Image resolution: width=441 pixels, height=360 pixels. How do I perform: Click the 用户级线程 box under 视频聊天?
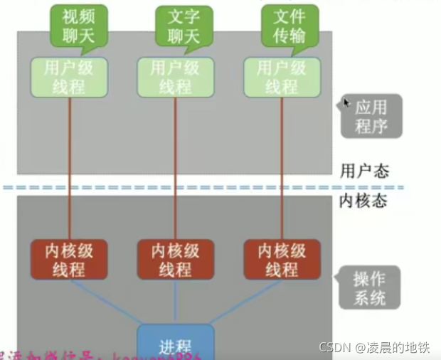tap(68, 78)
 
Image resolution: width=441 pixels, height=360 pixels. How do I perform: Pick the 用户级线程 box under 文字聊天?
tap(175, 78)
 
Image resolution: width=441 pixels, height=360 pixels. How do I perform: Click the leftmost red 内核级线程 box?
tap(69, 260)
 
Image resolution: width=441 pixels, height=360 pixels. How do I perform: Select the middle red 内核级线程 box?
tap(175, 260)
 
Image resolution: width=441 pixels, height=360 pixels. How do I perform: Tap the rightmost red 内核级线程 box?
tap(282, 260)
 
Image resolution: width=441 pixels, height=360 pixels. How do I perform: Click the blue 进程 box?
tap(175, 344)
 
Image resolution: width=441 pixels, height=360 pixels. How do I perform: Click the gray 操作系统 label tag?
tap(369, 287)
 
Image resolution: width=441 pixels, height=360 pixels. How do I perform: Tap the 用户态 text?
tap(364, 171)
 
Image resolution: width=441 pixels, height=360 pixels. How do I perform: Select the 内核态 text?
tap(363, 201)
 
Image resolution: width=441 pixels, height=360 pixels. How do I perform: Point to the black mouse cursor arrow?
tap(347, 104)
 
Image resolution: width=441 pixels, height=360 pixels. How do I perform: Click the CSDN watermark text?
tap(373, 348)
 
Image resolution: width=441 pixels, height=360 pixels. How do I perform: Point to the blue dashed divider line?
tap(213, 188)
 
